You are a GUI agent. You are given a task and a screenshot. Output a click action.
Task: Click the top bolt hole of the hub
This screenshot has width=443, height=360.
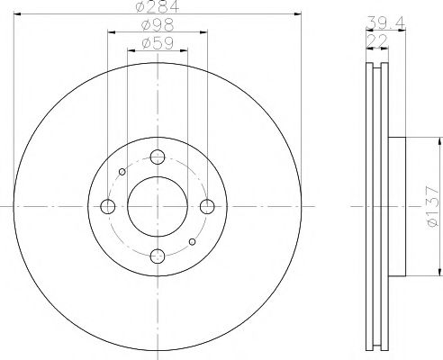158,157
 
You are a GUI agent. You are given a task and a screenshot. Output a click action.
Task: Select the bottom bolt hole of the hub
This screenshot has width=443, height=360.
158,256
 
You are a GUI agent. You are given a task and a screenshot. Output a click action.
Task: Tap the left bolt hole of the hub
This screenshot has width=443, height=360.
108,207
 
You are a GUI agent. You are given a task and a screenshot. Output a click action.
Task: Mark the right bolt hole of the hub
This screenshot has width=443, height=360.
207,207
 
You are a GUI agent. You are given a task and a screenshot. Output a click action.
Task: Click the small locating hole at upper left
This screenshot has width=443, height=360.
123,171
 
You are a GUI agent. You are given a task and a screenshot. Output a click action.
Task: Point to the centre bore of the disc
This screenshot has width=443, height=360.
158,207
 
